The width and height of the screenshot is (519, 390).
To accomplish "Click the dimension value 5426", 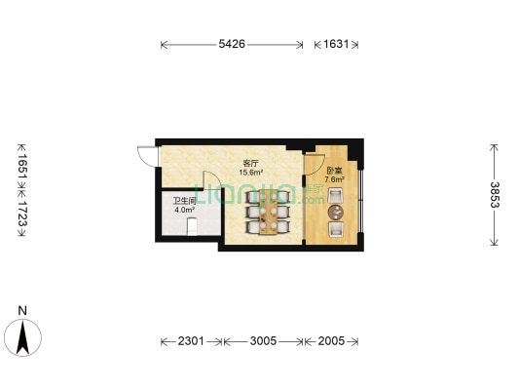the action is (232, 44).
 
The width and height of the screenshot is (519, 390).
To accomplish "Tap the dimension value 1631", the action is (336, 44).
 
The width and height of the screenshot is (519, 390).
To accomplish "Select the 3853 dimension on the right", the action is (495, 195).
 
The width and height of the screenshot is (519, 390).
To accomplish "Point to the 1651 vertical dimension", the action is (22, 166).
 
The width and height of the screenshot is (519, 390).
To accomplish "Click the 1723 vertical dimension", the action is (22, 214).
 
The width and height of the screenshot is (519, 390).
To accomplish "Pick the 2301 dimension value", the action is (191, 340).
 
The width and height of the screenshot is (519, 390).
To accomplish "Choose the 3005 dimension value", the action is (263, 340).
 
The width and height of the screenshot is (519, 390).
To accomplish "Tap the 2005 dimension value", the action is (331, 340).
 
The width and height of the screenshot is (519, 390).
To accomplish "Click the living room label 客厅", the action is (250, 164).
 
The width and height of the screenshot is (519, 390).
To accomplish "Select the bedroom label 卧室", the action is (334, 172).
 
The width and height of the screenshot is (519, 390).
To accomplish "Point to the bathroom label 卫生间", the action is (184, 201).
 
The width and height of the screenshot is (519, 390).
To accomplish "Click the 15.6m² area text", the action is (251, 173).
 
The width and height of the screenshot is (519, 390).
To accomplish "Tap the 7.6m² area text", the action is (334, 180).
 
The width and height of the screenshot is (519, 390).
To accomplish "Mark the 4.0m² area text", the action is (184, 210).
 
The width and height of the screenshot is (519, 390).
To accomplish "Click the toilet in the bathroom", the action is (192, 226).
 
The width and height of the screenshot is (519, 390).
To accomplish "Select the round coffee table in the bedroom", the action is (335, 213).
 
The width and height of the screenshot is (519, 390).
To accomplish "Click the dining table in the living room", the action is (268, 213).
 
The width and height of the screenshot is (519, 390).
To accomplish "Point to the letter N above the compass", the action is (22, 311).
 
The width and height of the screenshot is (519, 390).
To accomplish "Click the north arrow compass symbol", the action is (22, 337).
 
